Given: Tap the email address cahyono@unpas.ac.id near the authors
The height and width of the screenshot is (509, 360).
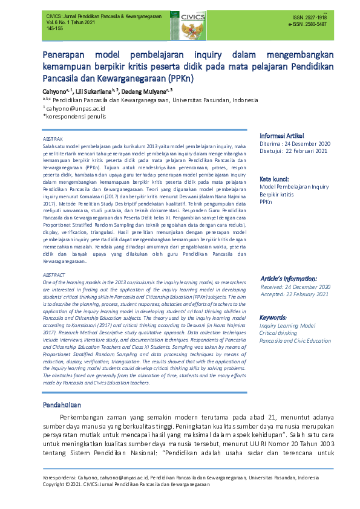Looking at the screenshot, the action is point(76,108).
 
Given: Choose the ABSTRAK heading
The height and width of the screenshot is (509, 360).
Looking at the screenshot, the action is point(53,138).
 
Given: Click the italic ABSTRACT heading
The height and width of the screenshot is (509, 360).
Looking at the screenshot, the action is point(54,274).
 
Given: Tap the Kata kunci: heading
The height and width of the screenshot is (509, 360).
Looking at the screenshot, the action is point(274,179).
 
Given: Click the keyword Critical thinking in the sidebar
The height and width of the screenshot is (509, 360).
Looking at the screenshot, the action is point(278,333).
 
